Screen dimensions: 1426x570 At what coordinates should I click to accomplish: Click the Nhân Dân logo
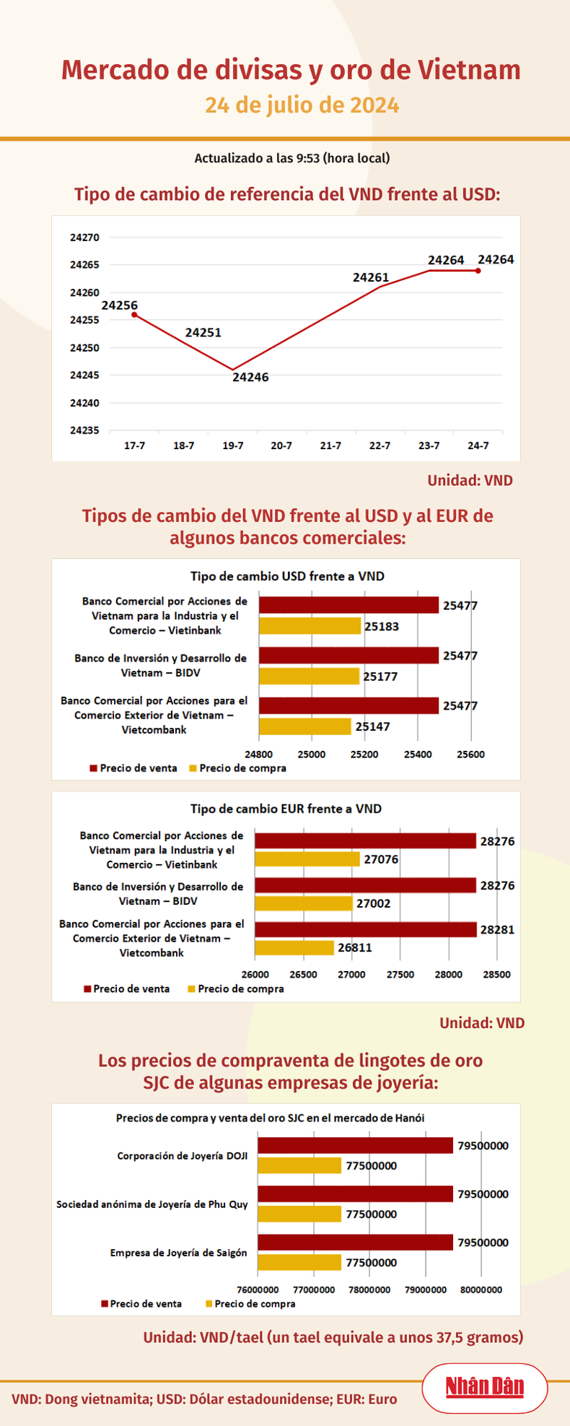tap(484, 1387)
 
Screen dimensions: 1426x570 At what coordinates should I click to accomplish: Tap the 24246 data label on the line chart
tap(250, 377)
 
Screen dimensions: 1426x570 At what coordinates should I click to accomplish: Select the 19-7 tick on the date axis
tap(232, 445)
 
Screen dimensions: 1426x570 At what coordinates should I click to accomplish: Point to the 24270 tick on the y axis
tap(84, 237)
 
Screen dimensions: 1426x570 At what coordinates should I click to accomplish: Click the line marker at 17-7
tap(134, 314)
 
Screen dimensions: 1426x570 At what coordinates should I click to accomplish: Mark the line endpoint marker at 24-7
tap(478, 271)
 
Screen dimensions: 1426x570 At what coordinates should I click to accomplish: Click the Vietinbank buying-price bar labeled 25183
tap(310, 626)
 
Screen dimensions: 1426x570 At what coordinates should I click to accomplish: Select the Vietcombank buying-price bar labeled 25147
tap(304, 726)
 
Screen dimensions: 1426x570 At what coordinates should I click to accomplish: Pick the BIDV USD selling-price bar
tap(348, 655)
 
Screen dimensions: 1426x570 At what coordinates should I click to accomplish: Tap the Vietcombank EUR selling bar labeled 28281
tap(365, 929)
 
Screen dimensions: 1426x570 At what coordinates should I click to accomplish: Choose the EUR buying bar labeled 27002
tap(303, 903)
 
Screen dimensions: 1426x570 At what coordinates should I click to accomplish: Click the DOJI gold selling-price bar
tap(355, 1145)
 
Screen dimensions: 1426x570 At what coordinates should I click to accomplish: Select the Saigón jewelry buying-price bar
tap(299, 1262)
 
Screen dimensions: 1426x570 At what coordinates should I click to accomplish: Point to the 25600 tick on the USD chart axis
tap(471, 755)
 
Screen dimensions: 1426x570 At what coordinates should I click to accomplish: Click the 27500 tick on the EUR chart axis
tap(400, 974)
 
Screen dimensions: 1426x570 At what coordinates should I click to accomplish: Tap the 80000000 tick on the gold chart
tap(481, 1290)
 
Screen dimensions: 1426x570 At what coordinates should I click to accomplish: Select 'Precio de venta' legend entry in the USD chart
tap(138, 768)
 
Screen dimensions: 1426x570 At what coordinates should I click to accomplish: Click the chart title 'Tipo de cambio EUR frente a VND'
tap(286, 809)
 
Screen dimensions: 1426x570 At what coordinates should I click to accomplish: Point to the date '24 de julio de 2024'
tap(302, 105)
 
